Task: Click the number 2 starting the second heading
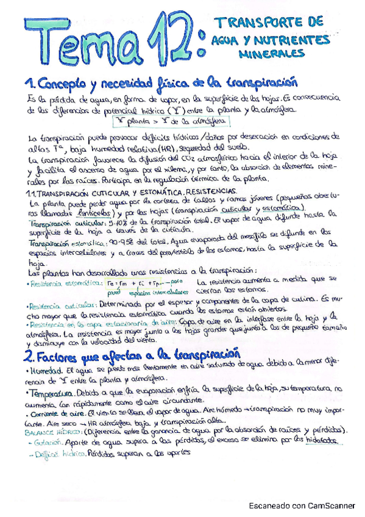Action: pyautogui.click(x=28, y=355)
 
